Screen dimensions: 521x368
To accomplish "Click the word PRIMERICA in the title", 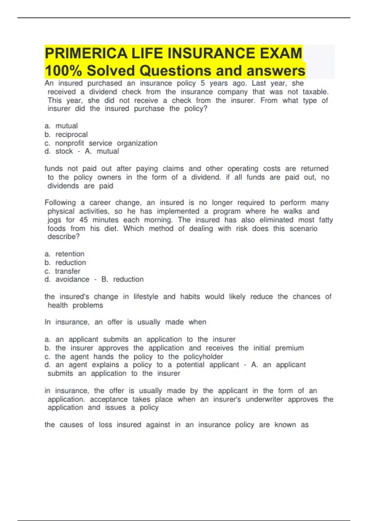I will (86, 53).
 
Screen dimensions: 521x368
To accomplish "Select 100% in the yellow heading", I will (63, 71).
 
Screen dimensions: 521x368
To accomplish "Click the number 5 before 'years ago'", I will (203, 83).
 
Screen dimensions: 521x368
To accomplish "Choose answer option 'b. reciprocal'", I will (66, 135).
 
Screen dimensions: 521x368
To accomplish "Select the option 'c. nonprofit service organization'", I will (101, 143).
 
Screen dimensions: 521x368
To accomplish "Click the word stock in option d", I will (64, 151).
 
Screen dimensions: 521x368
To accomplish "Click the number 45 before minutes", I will (83, 220).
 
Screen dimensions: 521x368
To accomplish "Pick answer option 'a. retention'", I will (64, 254).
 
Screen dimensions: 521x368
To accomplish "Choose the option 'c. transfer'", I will (63, 271).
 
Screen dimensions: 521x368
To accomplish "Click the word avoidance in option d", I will (72, 280).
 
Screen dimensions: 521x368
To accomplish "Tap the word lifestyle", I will (146, 297).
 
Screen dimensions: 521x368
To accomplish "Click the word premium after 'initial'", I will (289, 348).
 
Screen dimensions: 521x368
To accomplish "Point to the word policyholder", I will (203, 357).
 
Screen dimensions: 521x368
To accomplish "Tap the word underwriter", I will (264, 399).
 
